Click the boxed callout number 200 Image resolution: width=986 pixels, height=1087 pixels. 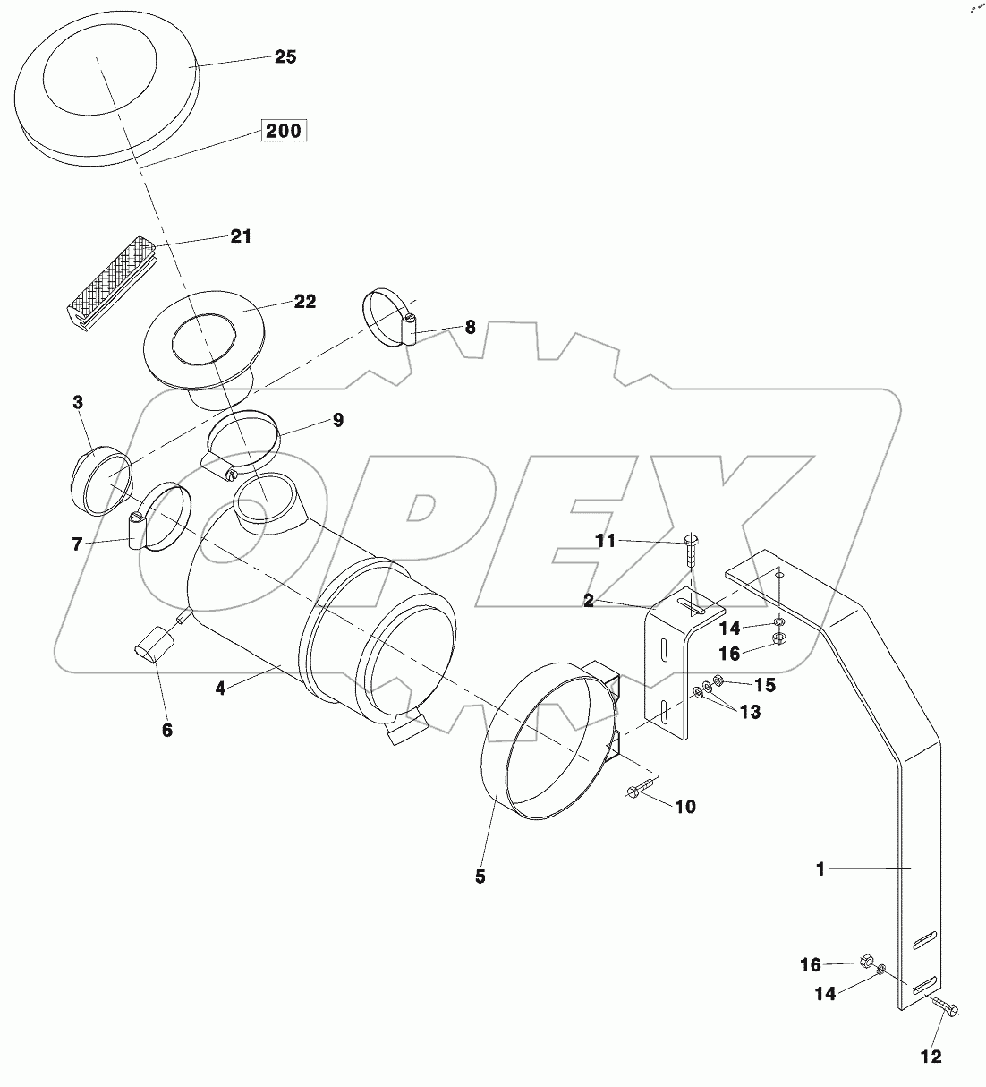(284, 131)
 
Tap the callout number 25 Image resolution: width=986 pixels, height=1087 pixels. (285, 56)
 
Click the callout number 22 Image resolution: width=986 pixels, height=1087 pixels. (305, 302)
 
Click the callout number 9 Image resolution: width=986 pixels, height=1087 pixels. (337, 420)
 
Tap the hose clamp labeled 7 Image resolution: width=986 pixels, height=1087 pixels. (161, 517)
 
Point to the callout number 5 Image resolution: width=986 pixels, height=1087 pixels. (480, 877)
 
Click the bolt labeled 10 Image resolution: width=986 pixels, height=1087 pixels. (642, 790)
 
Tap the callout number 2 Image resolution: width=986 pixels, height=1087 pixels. (588, 601)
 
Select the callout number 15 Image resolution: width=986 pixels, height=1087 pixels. (764, 685)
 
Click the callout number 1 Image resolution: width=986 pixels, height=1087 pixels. (820, 868)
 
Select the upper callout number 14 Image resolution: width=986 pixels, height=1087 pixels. (731, 629)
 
